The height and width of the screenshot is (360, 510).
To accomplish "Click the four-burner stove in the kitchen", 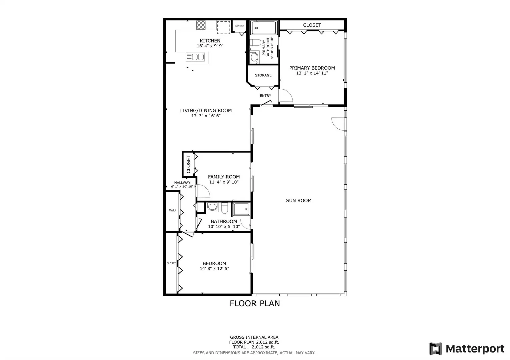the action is (x=201, y=25).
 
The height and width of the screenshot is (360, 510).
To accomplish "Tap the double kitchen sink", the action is (x=195, y=57).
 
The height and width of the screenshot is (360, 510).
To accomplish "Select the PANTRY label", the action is (x=239, y=26).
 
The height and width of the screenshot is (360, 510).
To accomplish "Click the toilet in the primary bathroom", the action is (x=256, y=43).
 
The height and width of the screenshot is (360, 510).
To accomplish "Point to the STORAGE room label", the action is (x=263, y=75).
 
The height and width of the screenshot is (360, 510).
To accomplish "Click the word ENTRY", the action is (x=265, y=96).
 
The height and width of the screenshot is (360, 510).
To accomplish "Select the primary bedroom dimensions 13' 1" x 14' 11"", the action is (x=312, y=73).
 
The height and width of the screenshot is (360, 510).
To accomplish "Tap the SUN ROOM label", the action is (x=299, y=200).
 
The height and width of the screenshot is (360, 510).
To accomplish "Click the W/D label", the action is (x=172, y=210).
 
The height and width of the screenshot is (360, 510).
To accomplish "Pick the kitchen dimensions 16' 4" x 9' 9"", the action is (x=210, y=46).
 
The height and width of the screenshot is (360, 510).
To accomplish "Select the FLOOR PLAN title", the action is (x=255, y=303).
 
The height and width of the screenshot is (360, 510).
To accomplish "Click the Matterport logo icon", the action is (x=436, y=348).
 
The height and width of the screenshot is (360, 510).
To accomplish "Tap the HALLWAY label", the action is (x=182, y=183).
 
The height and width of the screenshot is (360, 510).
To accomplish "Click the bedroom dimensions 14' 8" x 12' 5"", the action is (x=214, y=269).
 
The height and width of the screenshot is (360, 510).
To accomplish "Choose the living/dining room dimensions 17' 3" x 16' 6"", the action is (x=206, y=116).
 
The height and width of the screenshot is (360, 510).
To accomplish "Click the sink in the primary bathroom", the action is (x=254, y=57).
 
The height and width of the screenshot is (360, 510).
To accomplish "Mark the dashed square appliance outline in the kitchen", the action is (x=223, y=28).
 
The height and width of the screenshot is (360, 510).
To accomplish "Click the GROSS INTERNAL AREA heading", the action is (x=254, y=337).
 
